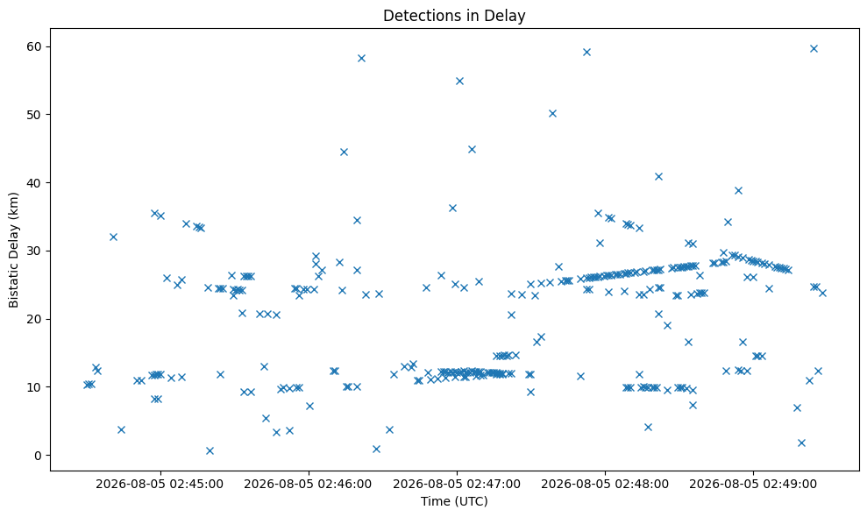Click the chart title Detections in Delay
(454, 16)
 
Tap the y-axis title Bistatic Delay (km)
(13, 250)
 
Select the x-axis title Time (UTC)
(454, 501)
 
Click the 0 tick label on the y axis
(39, 456)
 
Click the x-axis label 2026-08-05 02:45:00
(160, 485)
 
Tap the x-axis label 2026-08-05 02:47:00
(457, 485)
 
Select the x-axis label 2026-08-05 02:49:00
(753, 485)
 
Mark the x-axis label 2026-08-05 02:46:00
(308, 485)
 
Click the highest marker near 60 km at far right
(814, 49)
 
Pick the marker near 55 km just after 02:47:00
(459, 81)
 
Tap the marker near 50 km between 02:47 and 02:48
(552, 113)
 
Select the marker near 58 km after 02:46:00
(362, 58)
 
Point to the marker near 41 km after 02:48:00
(658, 176)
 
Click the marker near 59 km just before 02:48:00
(586, 52)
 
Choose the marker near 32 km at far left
(113, 237)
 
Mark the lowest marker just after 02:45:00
(210, 450)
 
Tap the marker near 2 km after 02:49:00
(802, 443)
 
